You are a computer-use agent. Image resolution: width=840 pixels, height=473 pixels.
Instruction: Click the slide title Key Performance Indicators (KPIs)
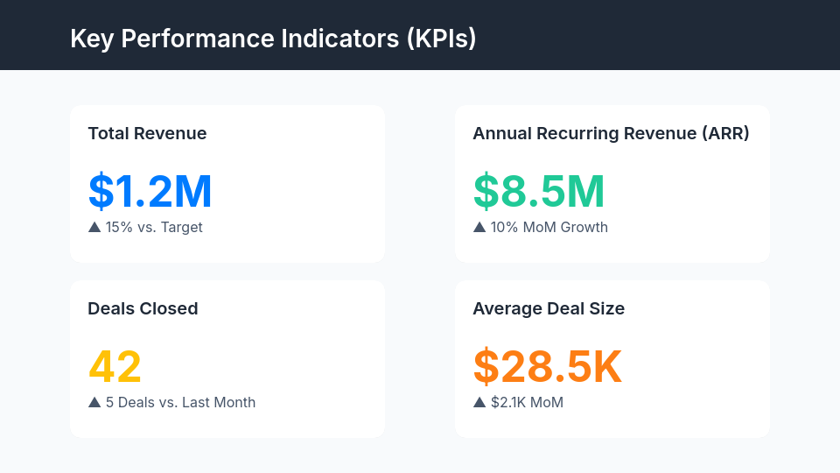click(x=273, y=39)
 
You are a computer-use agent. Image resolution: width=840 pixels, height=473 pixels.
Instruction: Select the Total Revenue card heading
click(x=147, y=134)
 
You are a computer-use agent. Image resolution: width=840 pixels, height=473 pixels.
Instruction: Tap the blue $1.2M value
click(x=150, y=192)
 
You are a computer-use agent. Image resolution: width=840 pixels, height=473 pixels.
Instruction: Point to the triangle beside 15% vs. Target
click(x=94, y=227)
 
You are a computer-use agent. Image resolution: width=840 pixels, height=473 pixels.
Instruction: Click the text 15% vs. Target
click(x=154, y=228)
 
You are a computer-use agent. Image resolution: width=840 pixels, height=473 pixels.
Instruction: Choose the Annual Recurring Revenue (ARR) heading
click(x=611, y=134)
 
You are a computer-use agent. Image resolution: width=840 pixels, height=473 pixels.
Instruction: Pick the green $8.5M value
click(x=539, y=192)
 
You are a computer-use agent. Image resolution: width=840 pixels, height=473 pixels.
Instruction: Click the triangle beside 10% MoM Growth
click(x=479, y=227)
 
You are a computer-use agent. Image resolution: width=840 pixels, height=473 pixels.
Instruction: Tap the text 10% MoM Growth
click(x=549, y=228)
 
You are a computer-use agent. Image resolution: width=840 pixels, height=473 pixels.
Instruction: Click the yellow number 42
click(x=115, y=367)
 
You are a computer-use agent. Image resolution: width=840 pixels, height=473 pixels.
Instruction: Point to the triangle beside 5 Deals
click(x=94, y=402)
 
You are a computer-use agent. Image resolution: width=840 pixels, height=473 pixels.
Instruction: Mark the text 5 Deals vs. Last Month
click(x=180, y=403)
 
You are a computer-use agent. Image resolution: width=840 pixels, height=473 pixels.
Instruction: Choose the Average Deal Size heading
click(x=549, y=309)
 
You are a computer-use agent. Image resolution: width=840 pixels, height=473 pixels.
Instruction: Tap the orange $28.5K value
click(x=548, y=367)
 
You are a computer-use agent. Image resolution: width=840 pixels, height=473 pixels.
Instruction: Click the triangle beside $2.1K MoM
click(x=479, y=402)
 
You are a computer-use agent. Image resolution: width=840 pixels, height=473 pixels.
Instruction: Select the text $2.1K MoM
click(x=527, y=403)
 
